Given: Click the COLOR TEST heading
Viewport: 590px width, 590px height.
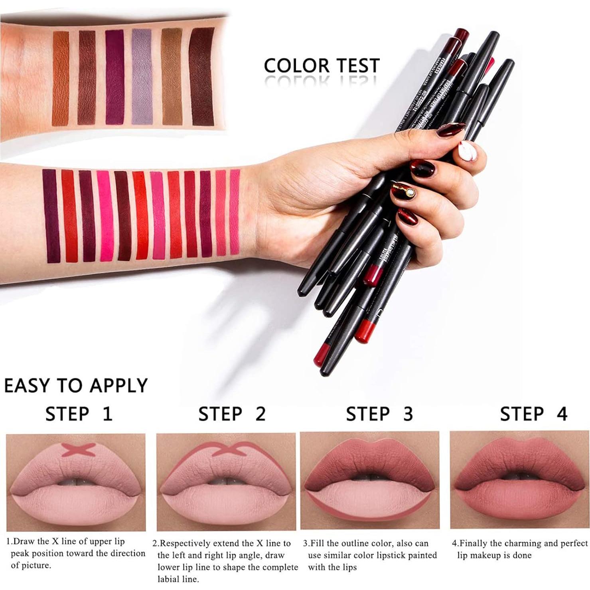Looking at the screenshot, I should coord(322,65).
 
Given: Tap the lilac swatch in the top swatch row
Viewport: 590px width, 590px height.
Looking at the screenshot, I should coord(142,76).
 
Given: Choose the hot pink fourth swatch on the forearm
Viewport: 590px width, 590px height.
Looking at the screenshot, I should coord(105,215).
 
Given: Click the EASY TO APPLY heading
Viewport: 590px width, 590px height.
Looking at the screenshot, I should coord(76,385).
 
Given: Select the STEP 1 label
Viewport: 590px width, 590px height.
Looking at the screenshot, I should coord(79,414).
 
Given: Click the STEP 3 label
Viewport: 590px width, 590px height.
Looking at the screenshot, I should coord(379,414).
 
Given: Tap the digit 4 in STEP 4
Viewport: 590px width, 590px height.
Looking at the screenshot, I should coord(562,414).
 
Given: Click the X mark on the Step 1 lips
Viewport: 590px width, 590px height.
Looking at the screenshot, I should coord(76,450).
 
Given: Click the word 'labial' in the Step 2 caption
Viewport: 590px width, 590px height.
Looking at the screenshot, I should coord(171,579).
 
